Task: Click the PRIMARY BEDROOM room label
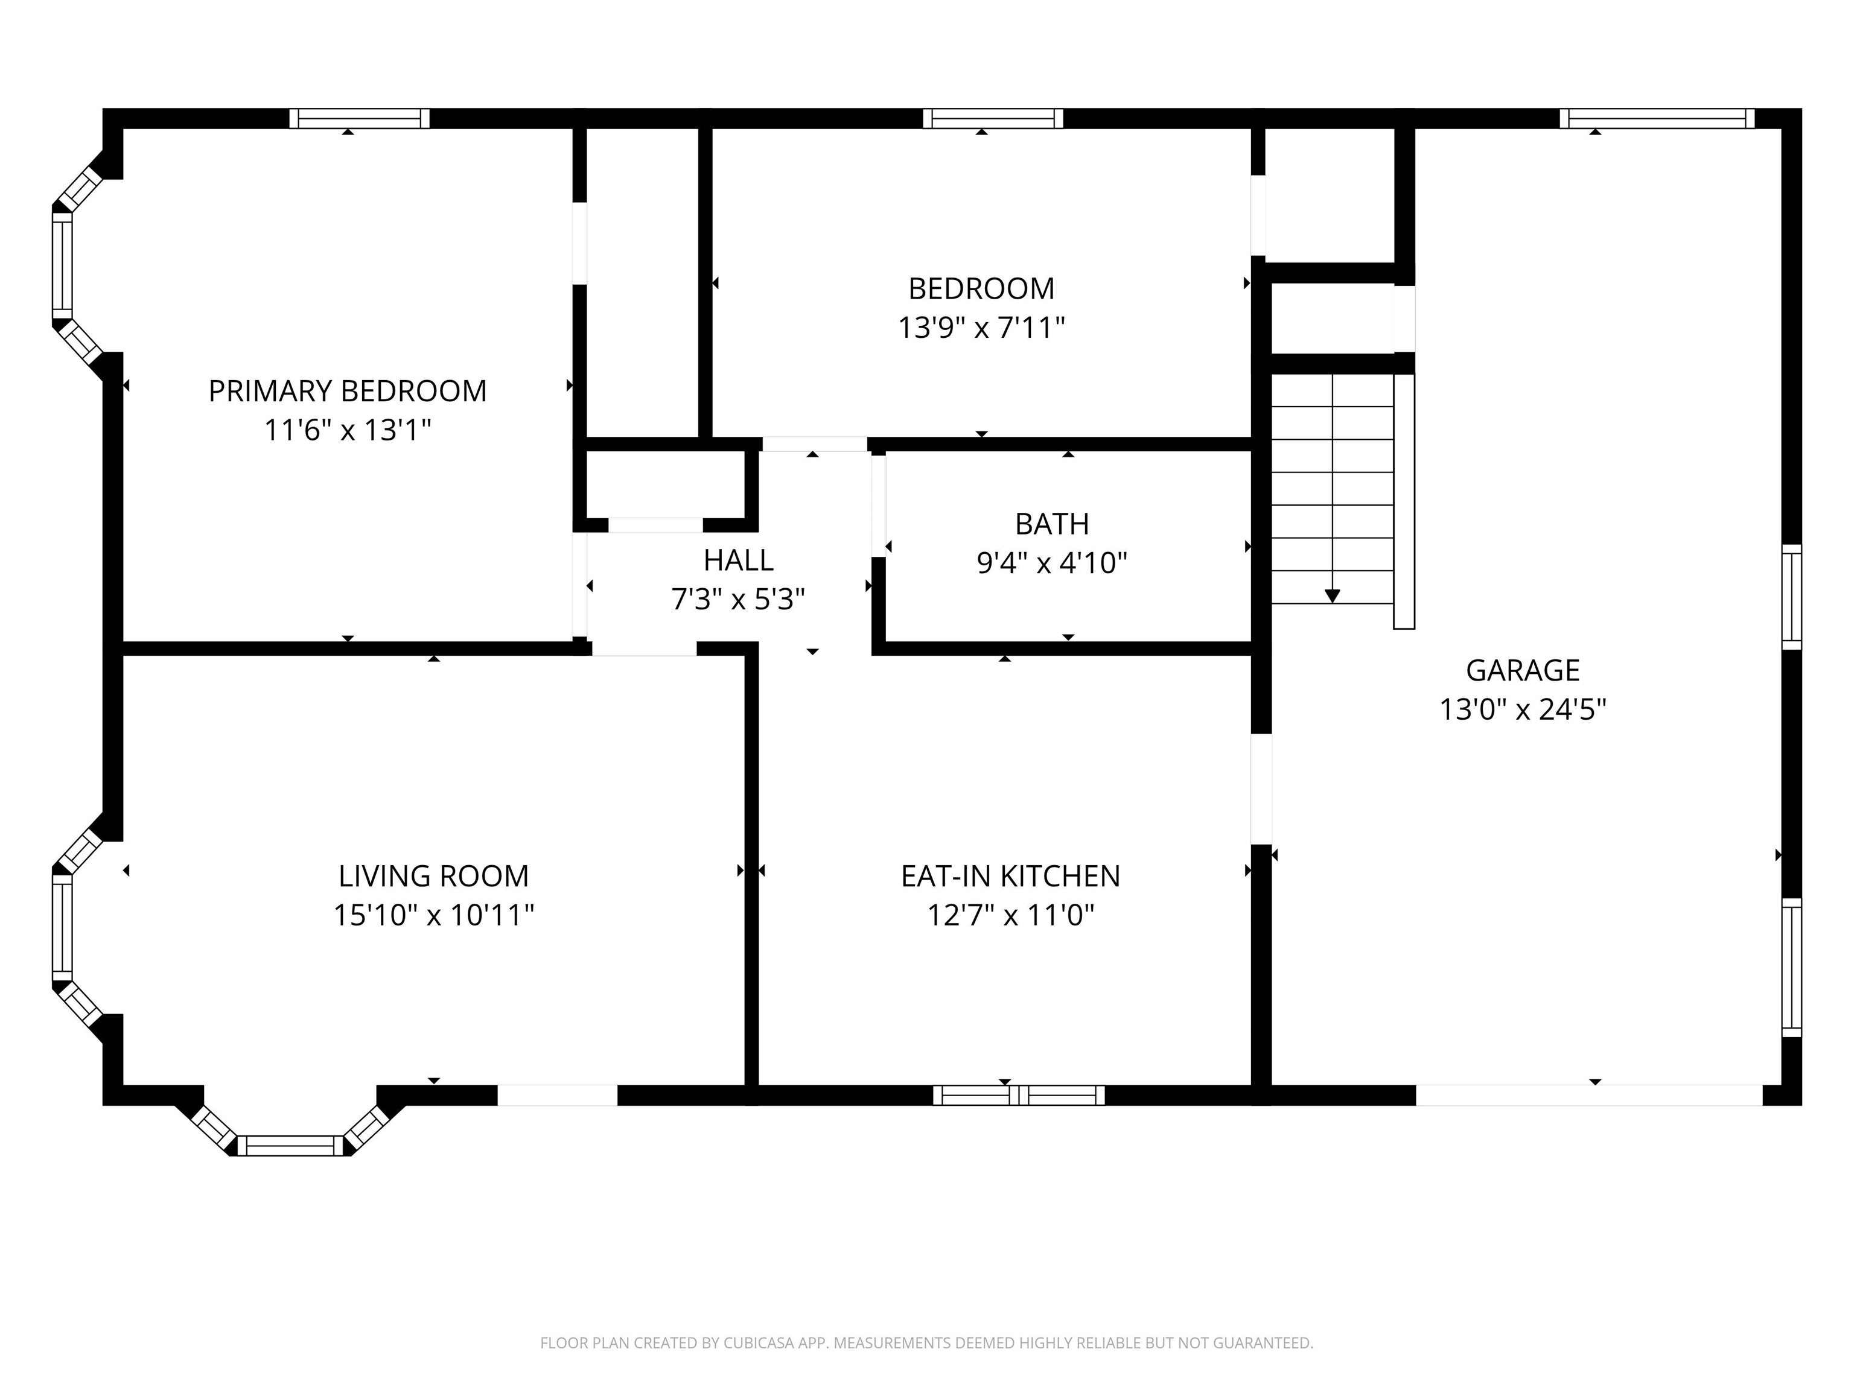(347, 392)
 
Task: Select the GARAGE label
(1522, 670)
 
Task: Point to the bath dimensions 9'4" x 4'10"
(1052, 562)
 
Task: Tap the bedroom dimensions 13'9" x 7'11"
(981, 328)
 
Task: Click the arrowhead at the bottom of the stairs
(1332, 595)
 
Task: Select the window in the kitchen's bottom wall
(1018, 1095)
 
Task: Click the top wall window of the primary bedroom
(360, 118)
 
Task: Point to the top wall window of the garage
(1657, 118)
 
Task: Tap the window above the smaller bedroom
(993, 118)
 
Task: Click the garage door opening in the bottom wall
(1589, 1095)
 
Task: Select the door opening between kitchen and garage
(1261, 789)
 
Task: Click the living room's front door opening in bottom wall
(558, 1095)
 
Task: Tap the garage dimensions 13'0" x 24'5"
(1522, 709)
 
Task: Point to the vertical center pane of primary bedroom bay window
(62, 265)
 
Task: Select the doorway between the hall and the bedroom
(814, 444)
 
